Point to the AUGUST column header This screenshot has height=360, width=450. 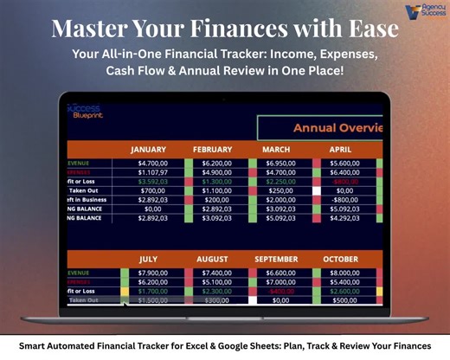click(x=213, y=260)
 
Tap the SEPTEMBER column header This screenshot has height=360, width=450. click(x=276, y=260)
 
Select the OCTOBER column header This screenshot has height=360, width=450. click(x=341, y=260)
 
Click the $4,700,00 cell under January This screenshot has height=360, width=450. click(x=152, y=163)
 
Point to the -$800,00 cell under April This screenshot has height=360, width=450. click(x=344, y=199)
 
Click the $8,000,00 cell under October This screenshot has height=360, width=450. click(x=344, y=273)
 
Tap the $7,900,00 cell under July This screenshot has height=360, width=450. click(x=152, y=273)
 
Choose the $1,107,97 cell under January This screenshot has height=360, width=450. click(x=152, y=172)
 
